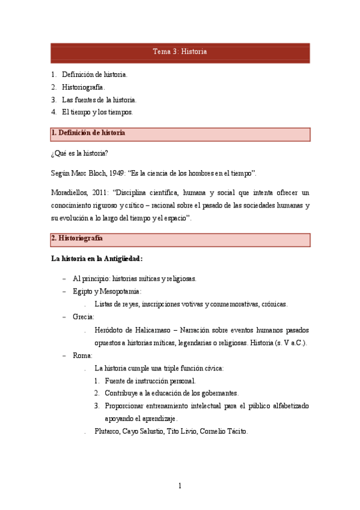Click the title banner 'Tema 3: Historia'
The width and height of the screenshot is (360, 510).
pos(180,52)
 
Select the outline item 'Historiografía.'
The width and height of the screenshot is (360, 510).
pos(84,87)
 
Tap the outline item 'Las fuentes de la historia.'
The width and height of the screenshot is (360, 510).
pos(99,100)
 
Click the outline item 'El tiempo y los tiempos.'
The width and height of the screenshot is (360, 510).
pos(97,112)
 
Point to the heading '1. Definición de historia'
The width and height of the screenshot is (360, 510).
pos(88,133)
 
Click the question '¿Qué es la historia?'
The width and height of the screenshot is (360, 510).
pos(79,153)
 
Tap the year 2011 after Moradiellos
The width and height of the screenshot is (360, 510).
pos(106,193)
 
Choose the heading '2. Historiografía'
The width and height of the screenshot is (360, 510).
pos(77,238)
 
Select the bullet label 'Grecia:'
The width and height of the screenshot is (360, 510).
pos(84,317)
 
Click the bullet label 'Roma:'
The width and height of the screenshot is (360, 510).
pos(82,355)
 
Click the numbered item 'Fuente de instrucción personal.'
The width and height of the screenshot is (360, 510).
pos(150,381)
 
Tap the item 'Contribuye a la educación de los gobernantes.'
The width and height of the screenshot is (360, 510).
pos(171,393)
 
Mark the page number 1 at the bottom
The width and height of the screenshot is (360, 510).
pos(180,485)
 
